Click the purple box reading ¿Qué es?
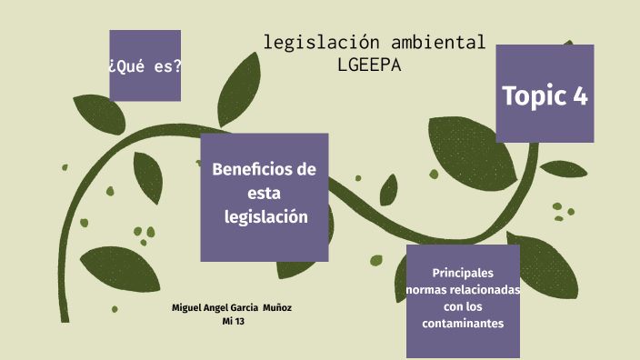pos(145,65)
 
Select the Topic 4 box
pos(545,94)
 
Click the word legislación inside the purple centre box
pos(266,217)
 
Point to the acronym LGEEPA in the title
pos(368,65)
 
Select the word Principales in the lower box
pos(463,273)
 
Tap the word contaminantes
pos(463,324)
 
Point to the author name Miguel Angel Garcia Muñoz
pos(232,307)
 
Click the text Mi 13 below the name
pos(233,321)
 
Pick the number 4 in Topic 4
pos(580,95)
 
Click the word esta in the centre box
pos(264,194)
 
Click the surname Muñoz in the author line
pos(276,307)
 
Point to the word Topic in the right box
pos(533,95)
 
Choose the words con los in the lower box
pos(463,306)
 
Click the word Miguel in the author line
pos(187,307)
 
